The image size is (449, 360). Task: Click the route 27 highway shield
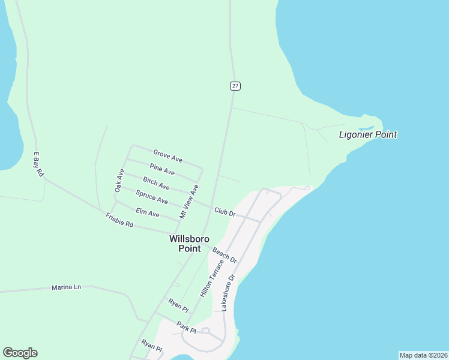[235, 86]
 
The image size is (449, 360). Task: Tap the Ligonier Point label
[368, 134]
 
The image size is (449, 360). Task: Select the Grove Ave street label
[167, 156]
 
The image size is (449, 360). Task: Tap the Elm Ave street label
[148, 212]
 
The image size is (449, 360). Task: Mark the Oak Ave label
[119, 181]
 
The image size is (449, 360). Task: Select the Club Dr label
[224, 212]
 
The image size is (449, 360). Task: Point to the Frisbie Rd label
[119, 220]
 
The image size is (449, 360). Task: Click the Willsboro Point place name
[189, 243]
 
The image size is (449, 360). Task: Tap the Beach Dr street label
[224, 254]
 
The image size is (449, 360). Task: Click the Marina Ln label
[66, 287]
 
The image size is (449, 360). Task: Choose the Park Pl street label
[186, 327]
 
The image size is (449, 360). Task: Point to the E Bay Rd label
[39, 164]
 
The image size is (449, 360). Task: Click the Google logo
[20, 353]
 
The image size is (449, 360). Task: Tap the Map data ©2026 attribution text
[423, 355]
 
